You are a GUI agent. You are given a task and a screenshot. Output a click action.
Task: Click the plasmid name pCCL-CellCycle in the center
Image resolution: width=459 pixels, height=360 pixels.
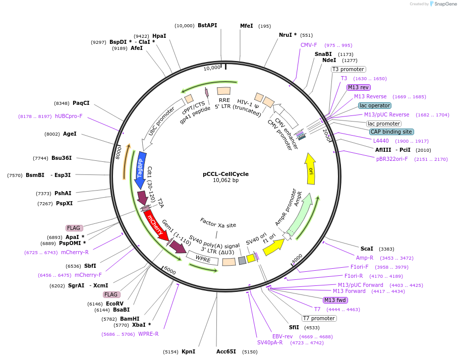tap(225, 174)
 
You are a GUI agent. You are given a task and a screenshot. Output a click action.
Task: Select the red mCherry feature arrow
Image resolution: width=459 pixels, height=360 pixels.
tap(156, 224)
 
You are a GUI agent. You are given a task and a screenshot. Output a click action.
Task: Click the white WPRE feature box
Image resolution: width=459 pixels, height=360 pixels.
tap(202, 258)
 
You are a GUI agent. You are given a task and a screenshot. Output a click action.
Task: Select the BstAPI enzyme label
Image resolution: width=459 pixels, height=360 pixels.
tap(207, 25)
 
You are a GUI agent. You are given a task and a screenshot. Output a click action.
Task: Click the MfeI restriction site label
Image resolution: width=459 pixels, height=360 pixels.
tap(246, 26)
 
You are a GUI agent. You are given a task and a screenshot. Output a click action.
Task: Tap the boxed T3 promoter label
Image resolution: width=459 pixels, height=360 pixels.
tap(348, 69)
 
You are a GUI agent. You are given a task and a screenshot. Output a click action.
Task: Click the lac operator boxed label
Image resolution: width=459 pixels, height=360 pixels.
tap(374, 105)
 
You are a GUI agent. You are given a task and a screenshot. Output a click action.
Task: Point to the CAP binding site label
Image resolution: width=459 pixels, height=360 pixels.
tap(391, 132)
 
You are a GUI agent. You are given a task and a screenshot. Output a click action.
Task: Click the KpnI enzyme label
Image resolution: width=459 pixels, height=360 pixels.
tap(189, 351)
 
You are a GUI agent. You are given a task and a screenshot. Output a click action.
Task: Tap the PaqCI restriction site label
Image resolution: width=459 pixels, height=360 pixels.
tap(81, 103)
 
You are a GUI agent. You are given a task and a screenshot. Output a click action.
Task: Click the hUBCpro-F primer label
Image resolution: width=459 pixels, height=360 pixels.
tap(69, 116)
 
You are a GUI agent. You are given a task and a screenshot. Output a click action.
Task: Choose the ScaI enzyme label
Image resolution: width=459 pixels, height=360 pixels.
tap(367, 249)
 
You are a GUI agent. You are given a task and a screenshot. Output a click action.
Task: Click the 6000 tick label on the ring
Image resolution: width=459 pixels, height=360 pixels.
tap(170, 271)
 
